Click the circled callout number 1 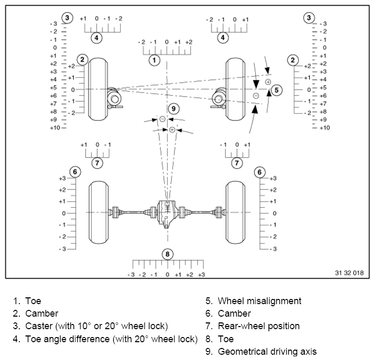click(154, 60)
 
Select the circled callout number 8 click(167, 254)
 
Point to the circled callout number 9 click(174, 109)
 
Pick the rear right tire click(236, 212)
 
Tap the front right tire click(236, 89)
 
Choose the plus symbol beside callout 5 click(268, 82)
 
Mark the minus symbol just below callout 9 click(162, 119)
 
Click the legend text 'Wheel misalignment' click(259, 301)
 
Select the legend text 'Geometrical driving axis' click(267, 352)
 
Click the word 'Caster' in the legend click(38, 326)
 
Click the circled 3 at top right click(310, 18)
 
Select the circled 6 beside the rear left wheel click(75, 172)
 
